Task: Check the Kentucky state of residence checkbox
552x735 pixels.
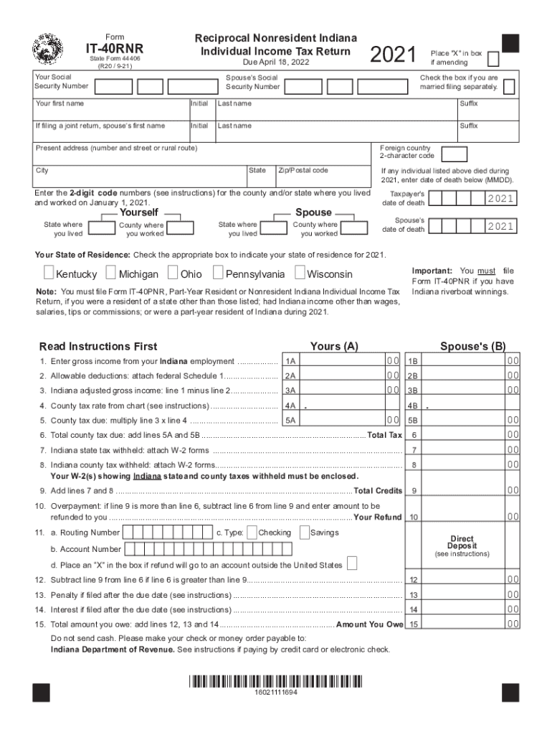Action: click(48, 273)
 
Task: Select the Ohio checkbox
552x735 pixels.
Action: click(173, 273)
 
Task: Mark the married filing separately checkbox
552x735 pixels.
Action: click(508, 87)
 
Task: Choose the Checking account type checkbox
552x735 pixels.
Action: click(251, 532)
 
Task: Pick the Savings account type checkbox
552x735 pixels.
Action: click(304, 532)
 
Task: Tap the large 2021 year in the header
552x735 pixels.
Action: click(393, 55)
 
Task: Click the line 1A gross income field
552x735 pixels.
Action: click(341, 360)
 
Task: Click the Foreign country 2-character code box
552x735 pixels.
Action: click(455, 154)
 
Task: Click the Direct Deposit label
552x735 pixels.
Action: click(462, 543)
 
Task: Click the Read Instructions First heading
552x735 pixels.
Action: click(98, 347)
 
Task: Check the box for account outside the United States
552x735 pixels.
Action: click(351, 563)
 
